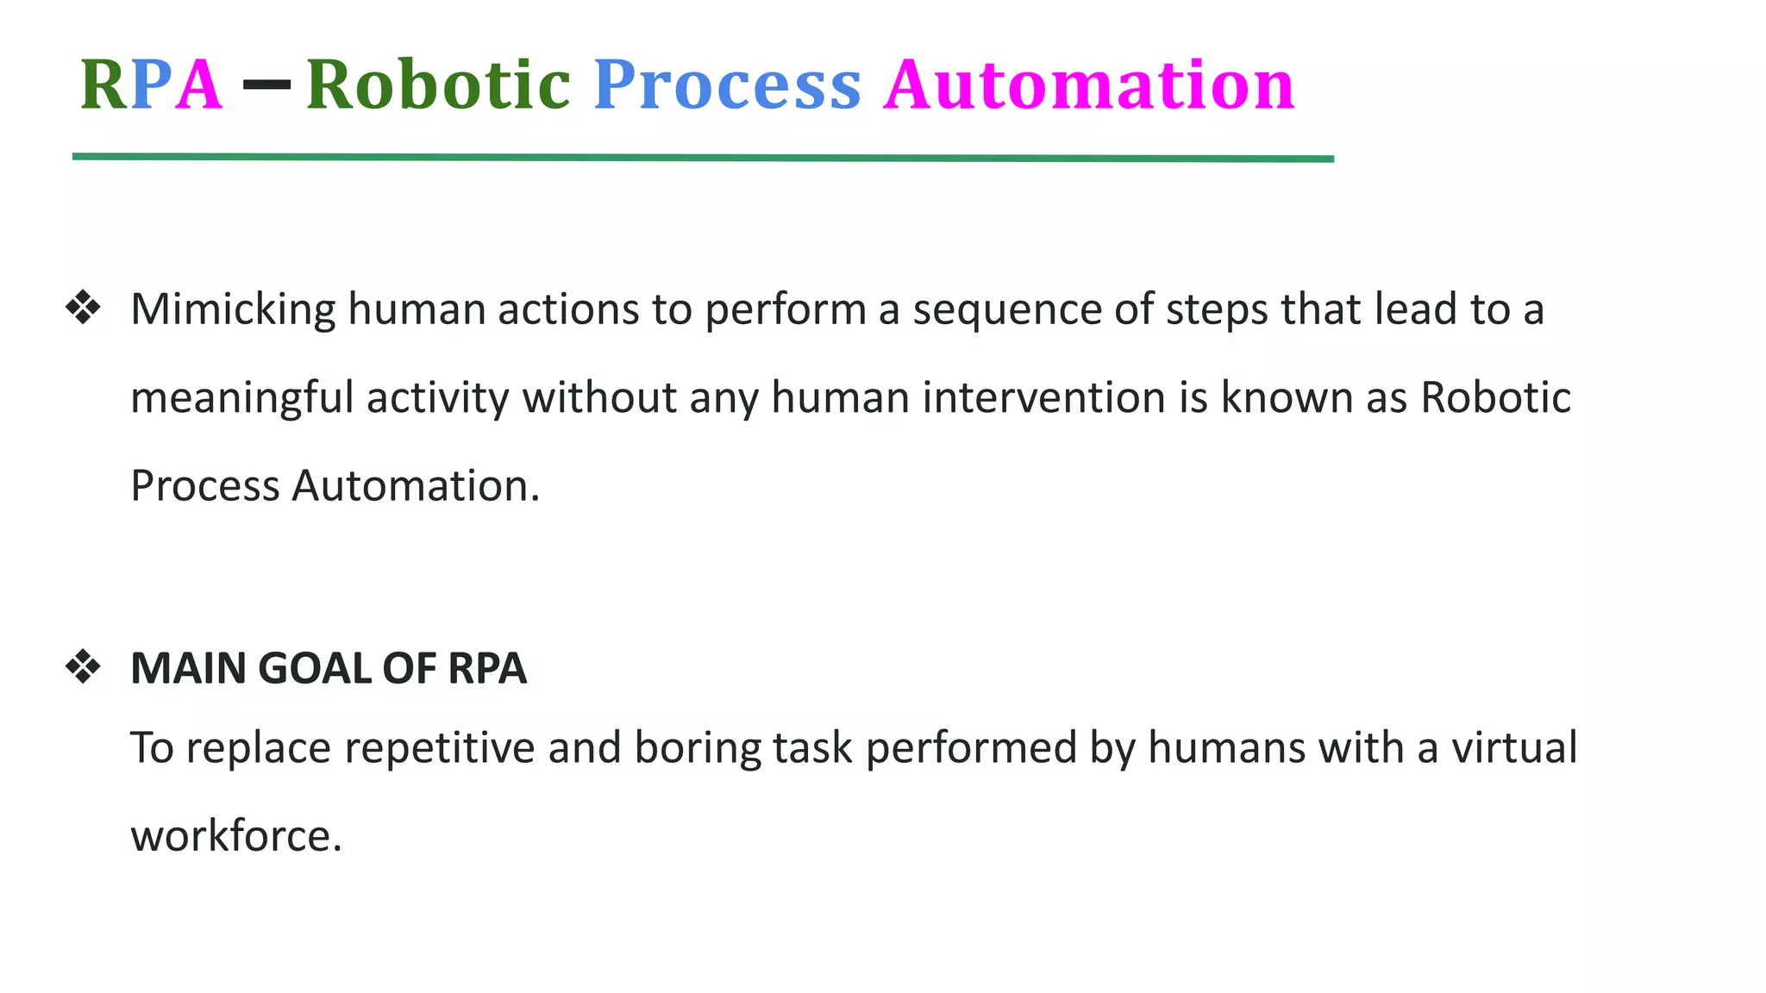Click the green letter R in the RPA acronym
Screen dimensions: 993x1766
click(103, 84)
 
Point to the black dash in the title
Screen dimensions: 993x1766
click(266, 84)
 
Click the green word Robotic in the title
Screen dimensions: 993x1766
click(438, 84)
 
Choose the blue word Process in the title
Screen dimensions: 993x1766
click(727, 84)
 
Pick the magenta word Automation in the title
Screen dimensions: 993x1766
click(1089, 84)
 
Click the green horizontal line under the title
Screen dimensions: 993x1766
click(703, 158)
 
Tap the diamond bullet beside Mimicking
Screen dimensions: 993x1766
click(83, 308)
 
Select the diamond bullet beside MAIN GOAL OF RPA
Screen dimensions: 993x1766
click(83, 667)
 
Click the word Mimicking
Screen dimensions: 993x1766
click(233, 309)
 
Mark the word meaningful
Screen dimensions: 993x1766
click(242, 399)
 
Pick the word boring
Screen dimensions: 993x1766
click(697, 748)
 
